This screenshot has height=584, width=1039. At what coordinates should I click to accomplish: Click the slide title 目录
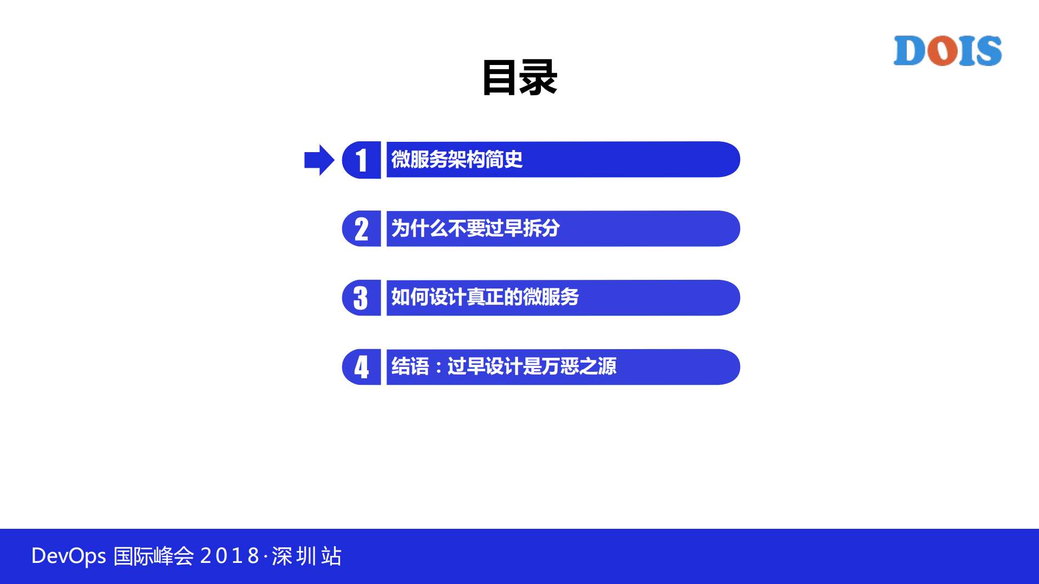pos(519,78)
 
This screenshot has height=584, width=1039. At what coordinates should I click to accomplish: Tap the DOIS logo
pos(947,51)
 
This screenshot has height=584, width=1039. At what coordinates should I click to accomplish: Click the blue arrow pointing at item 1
pos(319,160)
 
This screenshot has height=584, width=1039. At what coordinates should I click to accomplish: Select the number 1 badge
pos(362,160)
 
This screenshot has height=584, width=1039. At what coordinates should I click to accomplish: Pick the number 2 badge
pos(362,229)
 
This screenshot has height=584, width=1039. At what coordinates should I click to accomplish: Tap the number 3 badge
pos(361,298)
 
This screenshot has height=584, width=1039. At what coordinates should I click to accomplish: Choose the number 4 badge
pos(362,367)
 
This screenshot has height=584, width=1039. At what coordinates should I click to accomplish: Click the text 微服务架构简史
pos(456,160)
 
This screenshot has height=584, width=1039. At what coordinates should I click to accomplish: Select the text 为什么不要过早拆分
pos(475,228)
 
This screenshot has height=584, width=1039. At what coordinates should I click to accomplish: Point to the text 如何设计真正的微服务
pos(485,297)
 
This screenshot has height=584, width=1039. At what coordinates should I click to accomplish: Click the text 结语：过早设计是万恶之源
pos(504,366)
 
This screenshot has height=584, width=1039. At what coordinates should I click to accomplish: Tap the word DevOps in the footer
pos(69,556)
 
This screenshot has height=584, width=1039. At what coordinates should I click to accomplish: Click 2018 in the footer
pos(230,556)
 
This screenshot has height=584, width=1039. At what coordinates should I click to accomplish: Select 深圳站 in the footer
pos(306,556)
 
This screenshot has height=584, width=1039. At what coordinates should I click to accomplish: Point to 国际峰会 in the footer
pos(154,556)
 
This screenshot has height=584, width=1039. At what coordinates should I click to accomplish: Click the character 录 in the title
pos(538,78)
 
